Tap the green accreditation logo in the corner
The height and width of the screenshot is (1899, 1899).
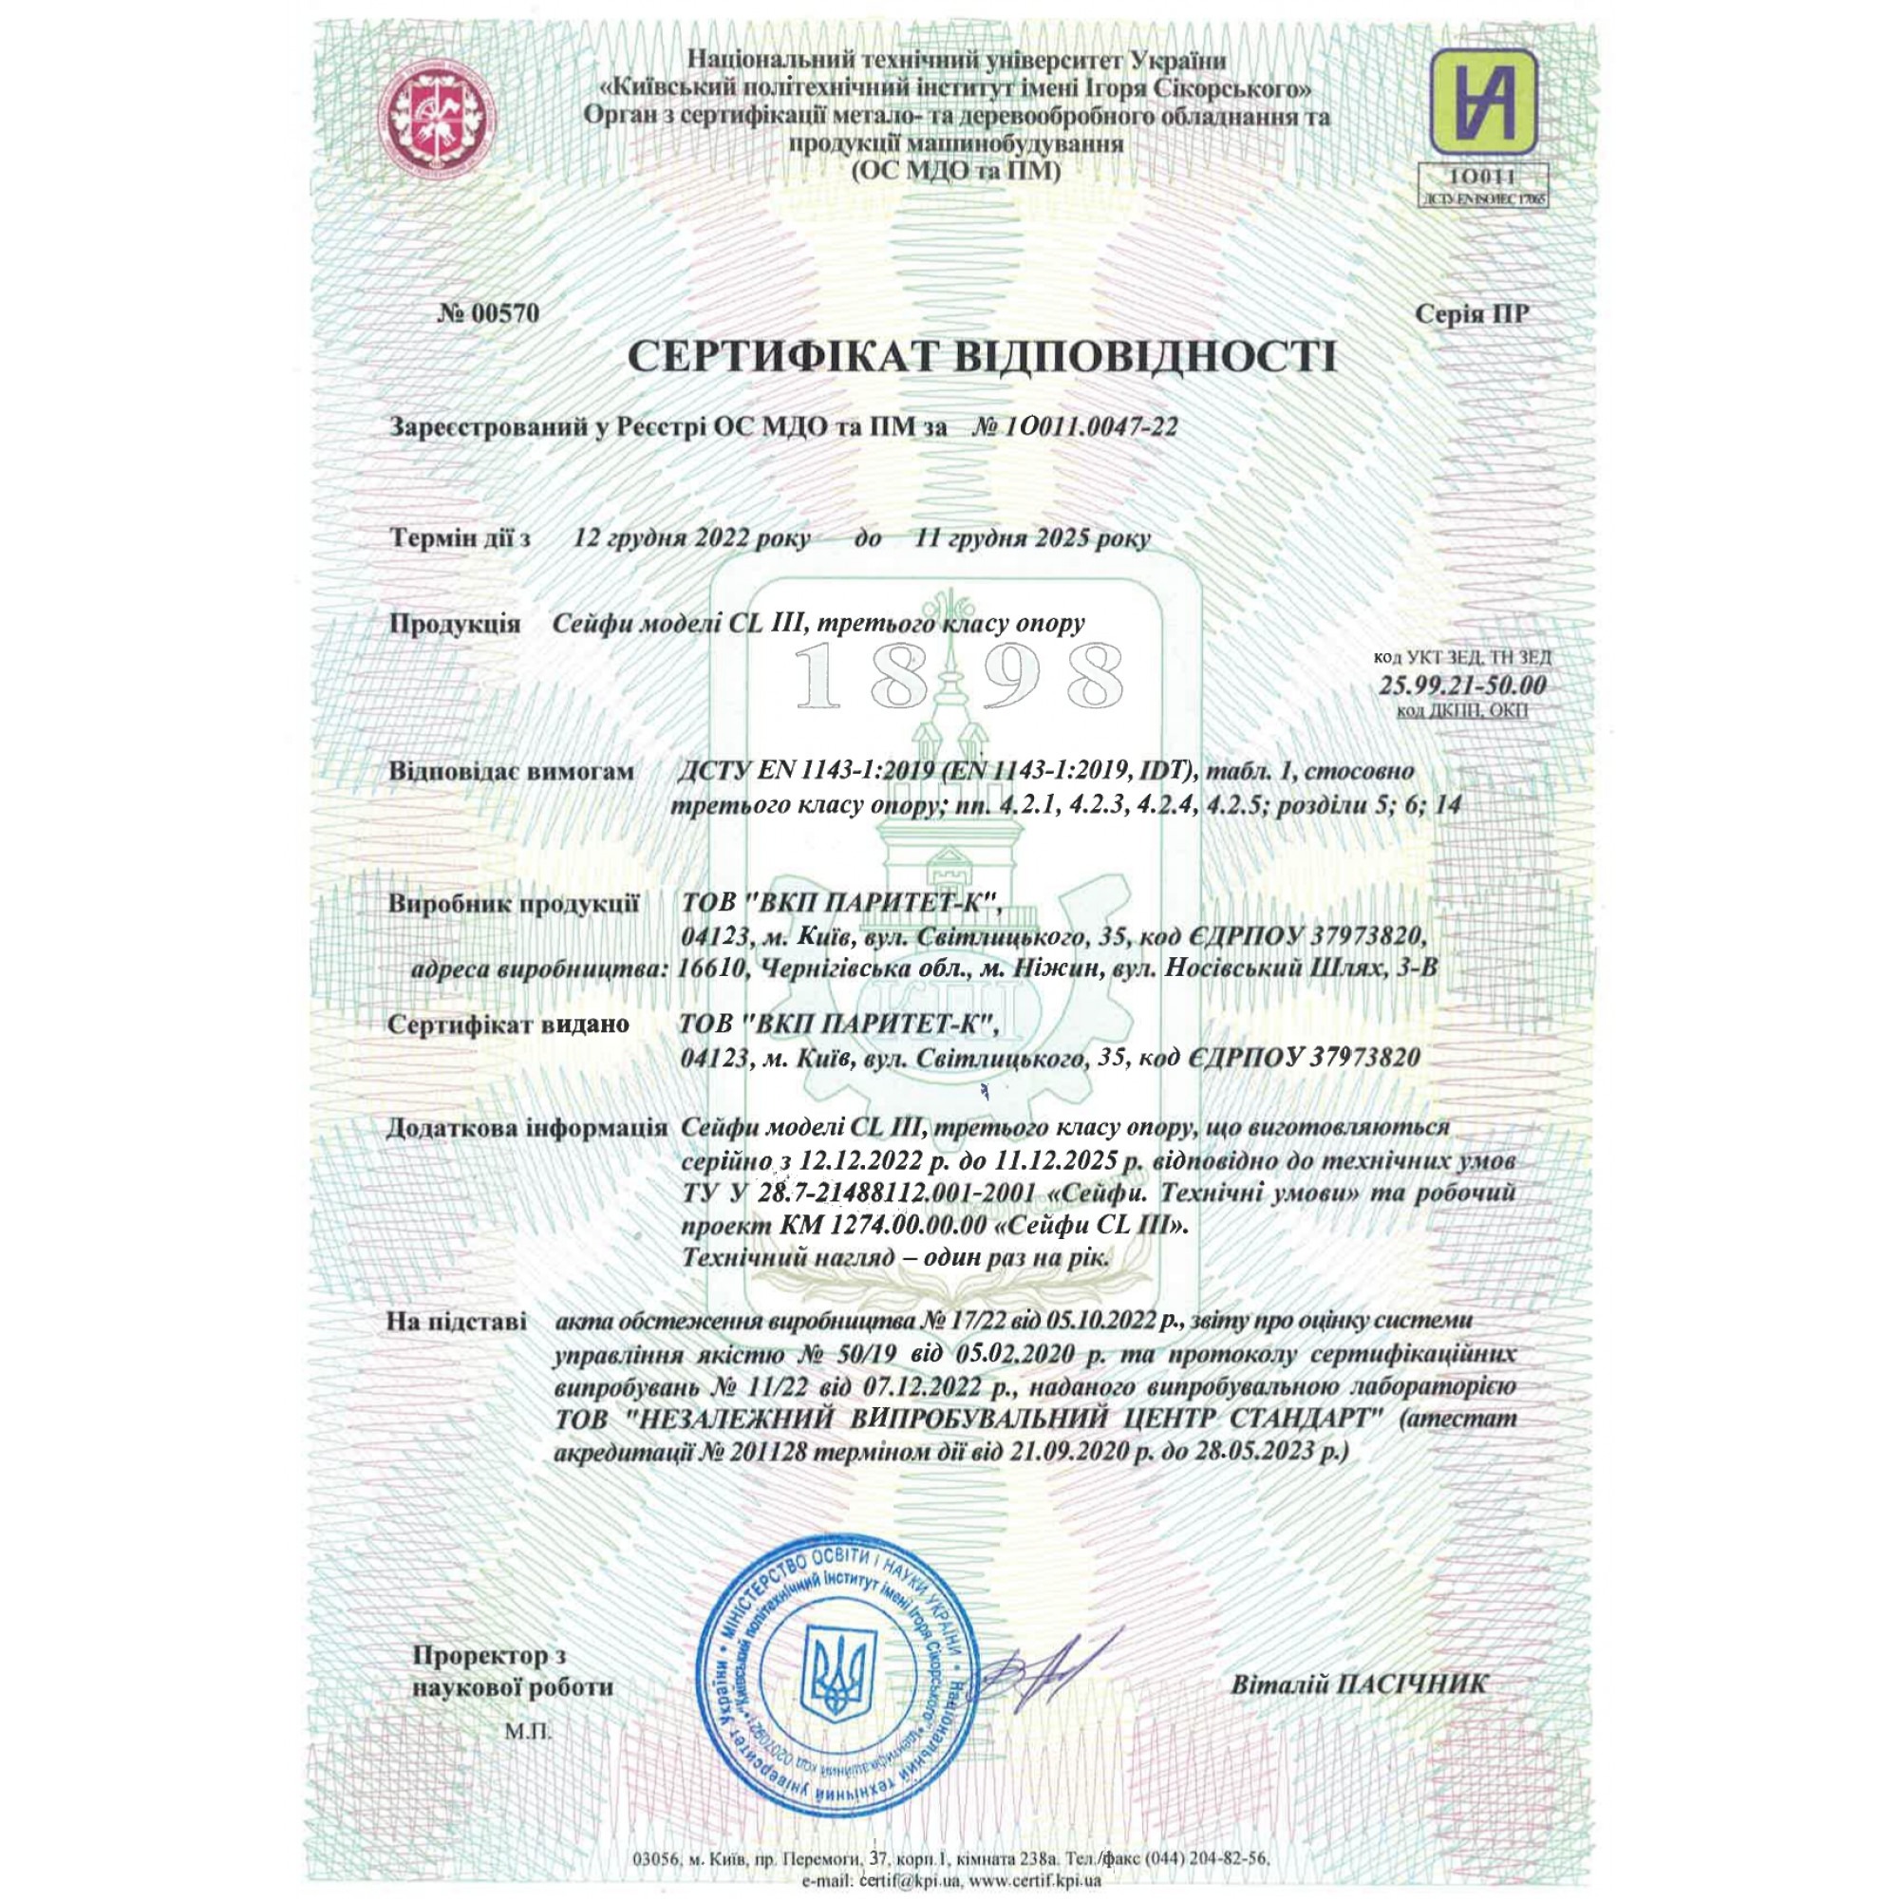click(x=1482, y=100)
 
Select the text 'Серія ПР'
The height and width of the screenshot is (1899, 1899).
click(x=1472, y=313)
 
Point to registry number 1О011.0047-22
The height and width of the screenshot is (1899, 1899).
click(x=1076, y=426)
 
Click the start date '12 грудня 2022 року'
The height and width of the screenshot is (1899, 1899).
click(x=692, y=538)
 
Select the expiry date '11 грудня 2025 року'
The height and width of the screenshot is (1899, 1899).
click(x=1032, y=538)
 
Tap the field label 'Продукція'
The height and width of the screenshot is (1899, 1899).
click(x=454, y=624)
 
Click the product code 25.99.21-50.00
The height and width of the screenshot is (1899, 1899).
click(x=1461, y=686)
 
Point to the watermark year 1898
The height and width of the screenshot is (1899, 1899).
click(x=957, y=678)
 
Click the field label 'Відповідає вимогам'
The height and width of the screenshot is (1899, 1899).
click(x=511, y=772)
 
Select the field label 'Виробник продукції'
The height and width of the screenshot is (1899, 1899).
click(x=513, y=903)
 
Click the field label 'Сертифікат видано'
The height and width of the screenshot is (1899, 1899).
click(x=507, y=1025)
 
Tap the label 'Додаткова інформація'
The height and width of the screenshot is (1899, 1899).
click(x=527, y=1127)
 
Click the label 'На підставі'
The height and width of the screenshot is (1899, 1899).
click(x=456, y=1322)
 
